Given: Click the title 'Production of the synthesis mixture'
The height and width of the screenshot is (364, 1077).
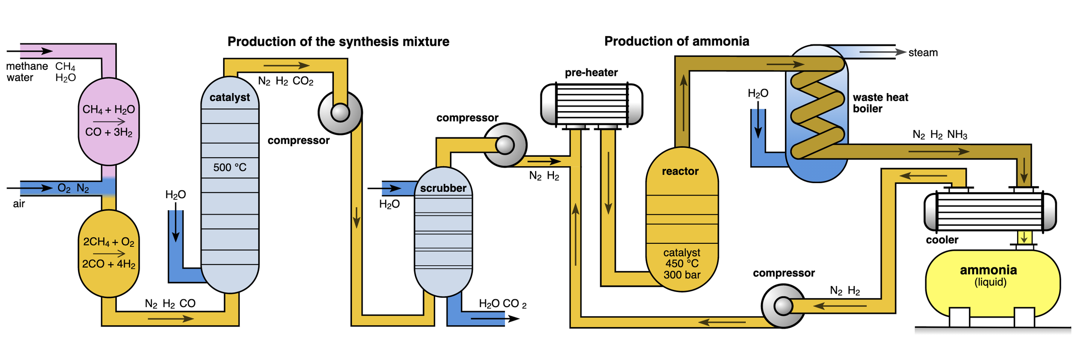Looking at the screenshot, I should [x=338, y=42].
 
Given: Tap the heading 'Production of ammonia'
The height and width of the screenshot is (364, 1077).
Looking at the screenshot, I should [x=676, y=41].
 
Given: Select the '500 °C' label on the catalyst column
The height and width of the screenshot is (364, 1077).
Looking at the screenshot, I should [x=230, y=168].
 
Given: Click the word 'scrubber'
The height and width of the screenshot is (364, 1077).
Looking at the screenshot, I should [x=443, y=188].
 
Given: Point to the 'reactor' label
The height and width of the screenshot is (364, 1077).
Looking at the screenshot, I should [x=680, y=171].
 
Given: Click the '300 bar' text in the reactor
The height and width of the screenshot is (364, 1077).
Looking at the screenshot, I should [x=682, y=275].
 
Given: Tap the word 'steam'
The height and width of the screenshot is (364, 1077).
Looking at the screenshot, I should [x=923, y=53].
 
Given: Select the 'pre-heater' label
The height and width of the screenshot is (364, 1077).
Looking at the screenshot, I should [x=591, y=73].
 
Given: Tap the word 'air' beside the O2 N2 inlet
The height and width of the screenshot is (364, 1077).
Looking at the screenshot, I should [x=19, y=204].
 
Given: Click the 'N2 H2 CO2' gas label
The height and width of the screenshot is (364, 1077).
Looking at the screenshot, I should [x=286, y=81].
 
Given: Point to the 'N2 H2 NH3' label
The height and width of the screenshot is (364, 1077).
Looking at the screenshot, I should [x=940, y=135].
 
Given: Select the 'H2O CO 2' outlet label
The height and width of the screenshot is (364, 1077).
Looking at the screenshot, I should [x=502, y=304].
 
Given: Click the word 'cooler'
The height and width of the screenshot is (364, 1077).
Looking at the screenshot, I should [x=942, y=240].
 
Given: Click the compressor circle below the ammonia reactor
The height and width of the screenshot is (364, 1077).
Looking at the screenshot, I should [x=783, y=306].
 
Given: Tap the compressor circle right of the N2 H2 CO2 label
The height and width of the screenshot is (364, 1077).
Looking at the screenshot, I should [x=340, y=113].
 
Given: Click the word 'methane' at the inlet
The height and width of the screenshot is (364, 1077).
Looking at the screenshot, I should [x=27, y=66].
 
